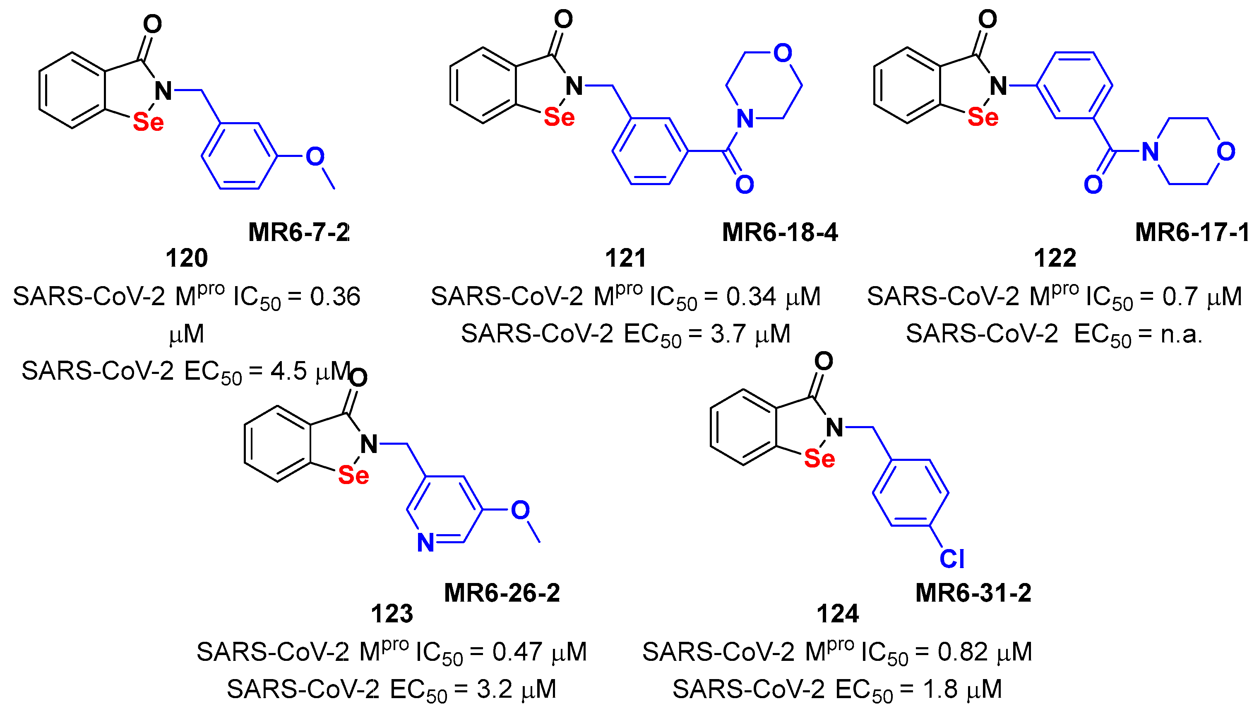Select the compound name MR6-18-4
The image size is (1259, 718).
pyautogui.click(x=780, y=232)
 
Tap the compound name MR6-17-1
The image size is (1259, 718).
pyautogui.click(x=1192, y=232)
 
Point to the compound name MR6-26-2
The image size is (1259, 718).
pyautogui.click(x=502, y=593)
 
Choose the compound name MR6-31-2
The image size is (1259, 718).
pyautogui.click(x=973, y=593)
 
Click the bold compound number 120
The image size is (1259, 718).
pyautogui.click(x=186, y=258)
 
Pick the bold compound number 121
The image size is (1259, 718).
pyautogui.click(x=625, y=258)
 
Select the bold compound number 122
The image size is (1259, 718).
pyautogui.click(x=1055, y=258)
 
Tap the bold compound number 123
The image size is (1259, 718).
pyautogui.click(x=392, y=614)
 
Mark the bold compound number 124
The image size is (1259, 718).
pyautogui.click(x=837, y=614)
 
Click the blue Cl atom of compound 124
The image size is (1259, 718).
pyautogui.click(x=951, y=559)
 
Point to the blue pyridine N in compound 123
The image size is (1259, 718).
pyautogui.click(x=425, y=542)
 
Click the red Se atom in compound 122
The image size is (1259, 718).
pyautogui.click(x=983, y=117)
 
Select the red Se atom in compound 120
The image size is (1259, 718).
pyautogui.click(x=148, y=122)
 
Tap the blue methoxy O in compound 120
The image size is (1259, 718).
pyautogui.click(x=315, y=157)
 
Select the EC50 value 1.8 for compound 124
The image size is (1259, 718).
pyautogui.click(x=939, y=689)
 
